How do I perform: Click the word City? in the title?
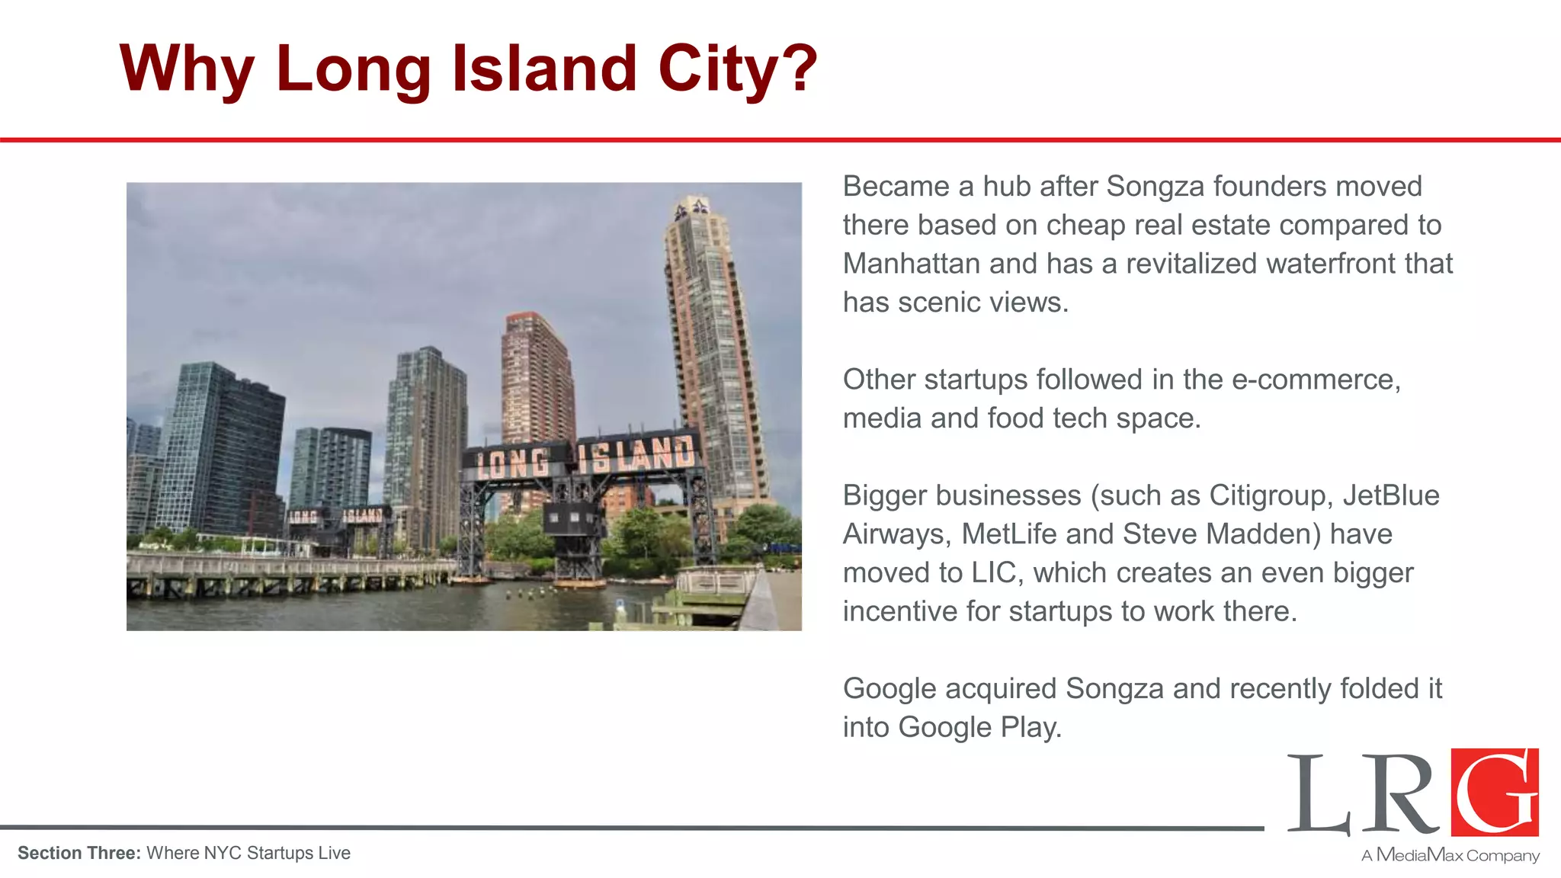point(737,69)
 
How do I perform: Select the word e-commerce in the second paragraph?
point(1316,380)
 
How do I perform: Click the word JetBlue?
point(1391,495)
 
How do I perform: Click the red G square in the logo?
point(1495,793)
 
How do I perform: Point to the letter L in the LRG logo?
point(1319,796)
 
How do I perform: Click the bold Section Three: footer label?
point(79,853)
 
